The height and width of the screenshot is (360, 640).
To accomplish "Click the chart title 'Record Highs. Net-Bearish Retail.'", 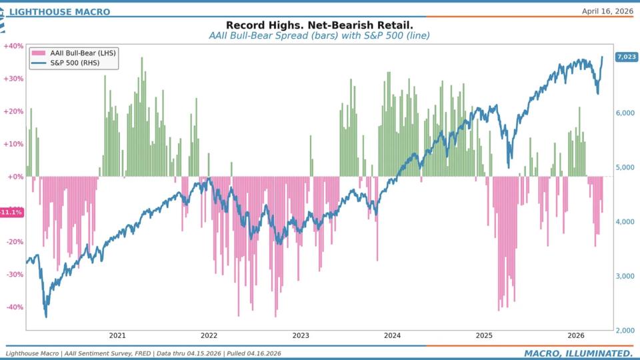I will [319, 25].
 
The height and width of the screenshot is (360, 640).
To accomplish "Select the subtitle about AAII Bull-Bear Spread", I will [319, 35].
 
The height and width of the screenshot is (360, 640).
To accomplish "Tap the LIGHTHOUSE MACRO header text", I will [59, 11].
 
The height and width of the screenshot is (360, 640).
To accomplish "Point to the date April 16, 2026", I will [607, 11].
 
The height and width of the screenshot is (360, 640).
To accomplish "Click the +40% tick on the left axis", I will [13, 46].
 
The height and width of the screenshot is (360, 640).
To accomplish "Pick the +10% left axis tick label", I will [13, 144].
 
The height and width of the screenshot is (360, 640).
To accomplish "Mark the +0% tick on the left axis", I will [15, 177].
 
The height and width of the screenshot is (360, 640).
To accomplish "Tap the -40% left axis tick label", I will [13, 307].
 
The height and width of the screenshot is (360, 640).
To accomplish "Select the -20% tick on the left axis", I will [13, 242].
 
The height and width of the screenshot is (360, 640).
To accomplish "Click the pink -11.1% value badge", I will [11, 212].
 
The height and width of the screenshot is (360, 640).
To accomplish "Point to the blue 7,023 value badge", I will [627, 57].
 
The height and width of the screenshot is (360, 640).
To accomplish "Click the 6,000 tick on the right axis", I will [626, 113].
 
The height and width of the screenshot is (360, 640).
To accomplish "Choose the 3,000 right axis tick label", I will [626, 276].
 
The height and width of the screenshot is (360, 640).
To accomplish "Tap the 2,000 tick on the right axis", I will [626, 331].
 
